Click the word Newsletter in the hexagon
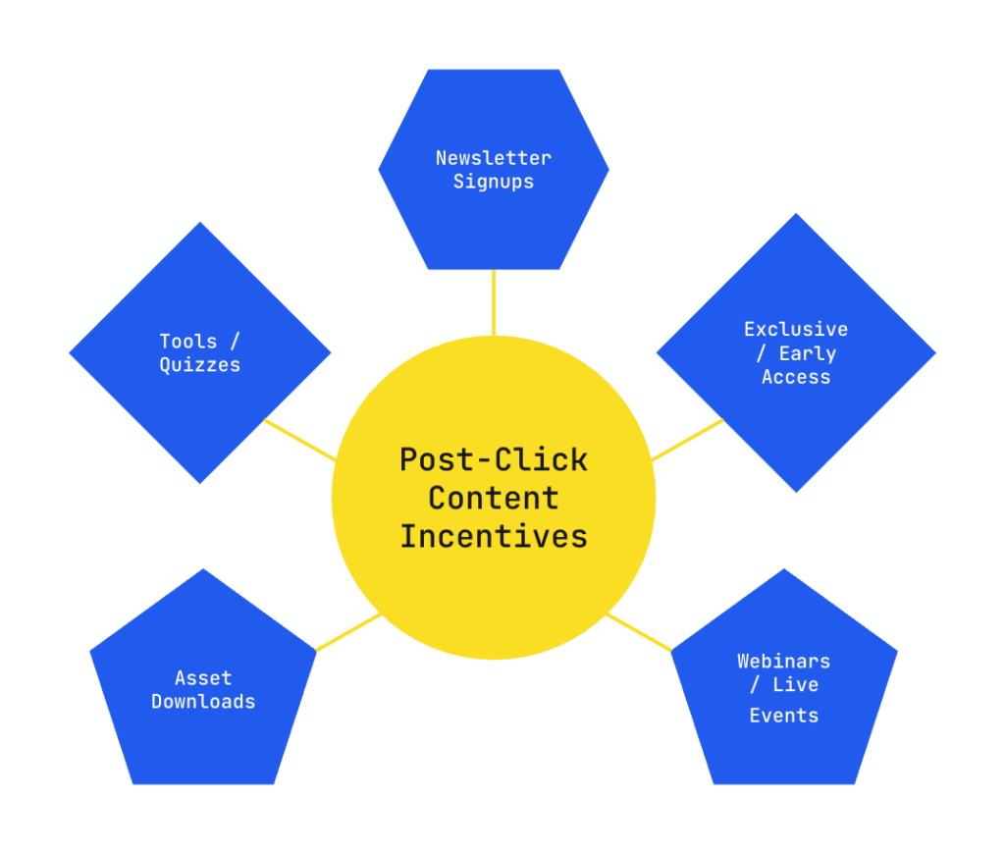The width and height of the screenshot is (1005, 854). click(x=494, y=157)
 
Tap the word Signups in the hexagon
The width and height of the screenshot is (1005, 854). click(x=494, y=182)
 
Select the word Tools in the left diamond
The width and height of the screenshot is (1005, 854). click(x=188, y=341)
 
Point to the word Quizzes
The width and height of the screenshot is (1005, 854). click(x=200, y=365)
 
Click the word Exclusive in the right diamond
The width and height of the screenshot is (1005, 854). click(x=795, y=329)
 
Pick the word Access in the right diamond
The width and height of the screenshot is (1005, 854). click(x=795, y=377)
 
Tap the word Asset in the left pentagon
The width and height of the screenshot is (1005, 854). click(x=203, y=677)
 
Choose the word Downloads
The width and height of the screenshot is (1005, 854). click(x=203, y=702)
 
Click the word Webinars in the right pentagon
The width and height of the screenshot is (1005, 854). click(x=783, y=661)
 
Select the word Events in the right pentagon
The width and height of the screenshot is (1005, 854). click(x=783, y=716)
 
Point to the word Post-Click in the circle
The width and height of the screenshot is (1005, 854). click(x=494, y=459)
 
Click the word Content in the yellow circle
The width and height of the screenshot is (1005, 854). click(x=494, y=498)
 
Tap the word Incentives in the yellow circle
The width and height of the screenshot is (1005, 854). click(x=494, y=536)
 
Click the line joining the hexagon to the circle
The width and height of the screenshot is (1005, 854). click(x=494, y=301)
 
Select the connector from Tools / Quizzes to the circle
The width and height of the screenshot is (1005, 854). click(x=299, y=440)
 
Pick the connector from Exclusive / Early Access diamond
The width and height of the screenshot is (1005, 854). click(x=687, y=440)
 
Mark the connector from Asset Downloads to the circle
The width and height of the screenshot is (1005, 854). click(x=347, y=632)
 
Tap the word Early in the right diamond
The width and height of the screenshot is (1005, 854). click(x=807, y=353)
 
